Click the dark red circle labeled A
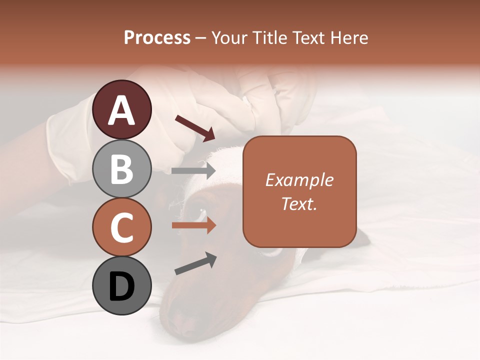pos(121,109)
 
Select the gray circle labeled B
pos(121,168)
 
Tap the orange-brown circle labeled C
pos(121,227)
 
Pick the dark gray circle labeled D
pos(121,285)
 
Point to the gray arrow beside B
pos(193,170)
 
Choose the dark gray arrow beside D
pos(195,263)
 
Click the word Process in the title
pos(157,37)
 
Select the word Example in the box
pos(299,180)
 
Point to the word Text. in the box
pos(299,203)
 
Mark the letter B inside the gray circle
pos(121,168)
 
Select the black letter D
pos(121,286)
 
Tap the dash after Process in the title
pos(201,38)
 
